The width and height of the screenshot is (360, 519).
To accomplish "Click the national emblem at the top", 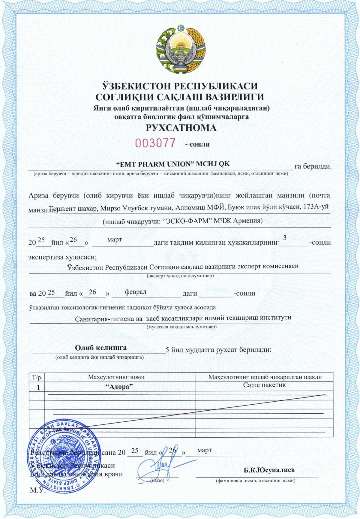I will (x=181, y=49).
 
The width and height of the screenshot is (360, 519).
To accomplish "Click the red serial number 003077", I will (x=155, y=143).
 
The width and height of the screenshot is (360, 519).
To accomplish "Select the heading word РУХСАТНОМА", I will (x=181, y=128).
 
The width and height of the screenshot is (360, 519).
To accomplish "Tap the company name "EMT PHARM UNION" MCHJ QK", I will (x=173, y=164).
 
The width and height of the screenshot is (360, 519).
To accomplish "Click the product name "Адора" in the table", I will (x=119, y=387).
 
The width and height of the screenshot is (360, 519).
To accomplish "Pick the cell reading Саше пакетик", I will (x=264, y=385).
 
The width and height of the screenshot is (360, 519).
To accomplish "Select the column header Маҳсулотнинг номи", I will (x=116, y=377).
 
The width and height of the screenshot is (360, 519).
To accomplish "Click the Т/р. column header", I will (x=37, y=377).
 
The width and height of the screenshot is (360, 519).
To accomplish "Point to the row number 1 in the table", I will (x=38, y=388).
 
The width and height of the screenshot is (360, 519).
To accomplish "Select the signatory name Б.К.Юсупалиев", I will (x=269, y=470).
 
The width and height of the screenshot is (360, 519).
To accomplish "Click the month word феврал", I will (x=136, y=292).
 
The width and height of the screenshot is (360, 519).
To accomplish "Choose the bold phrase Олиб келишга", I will (x=101, y=348).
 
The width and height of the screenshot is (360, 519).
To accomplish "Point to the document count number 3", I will (x=285, y=238).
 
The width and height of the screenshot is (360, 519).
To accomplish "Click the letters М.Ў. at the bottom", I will (x=37, y=490).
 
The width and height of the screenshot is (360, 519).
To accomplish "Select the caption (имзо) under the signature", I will (x=157, y=480).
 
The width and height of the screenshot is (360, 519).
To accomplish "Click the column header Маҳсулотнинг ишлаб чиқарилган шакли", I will (x=265, y=377).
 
